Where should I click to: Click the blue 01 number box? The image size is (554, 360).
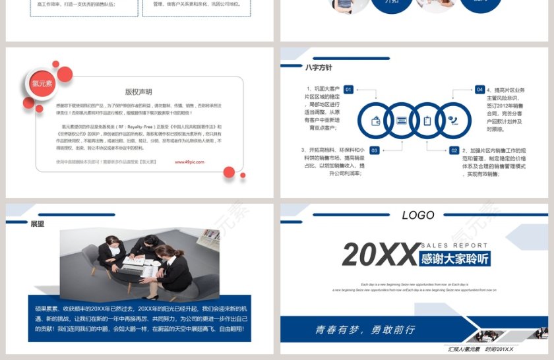tap(348, 89)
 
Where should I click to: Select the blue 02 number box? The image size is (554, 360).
tap(454, 150)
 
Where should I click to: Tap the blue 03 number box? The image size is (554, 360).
tap(374, 150)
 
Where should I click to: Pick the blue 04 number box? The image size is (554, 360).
tap(479, 89)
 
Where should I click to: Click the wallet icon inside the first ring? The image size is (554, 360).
tap(376, 121)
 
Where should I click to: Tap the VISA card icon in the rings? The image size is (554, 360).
tap(402, 121)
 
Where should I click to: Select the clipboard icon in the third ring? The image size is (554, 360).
tap(427, 121)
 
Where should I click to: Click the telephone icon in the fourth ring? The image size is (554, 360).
tap(453, 121)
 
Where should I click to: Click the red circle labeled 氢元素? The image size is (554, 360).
tap(42, 84)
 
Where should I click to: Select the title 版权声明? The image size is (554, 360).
tap(138, 92)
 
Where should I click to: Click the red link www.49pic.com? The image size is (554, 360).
tap(189, 161)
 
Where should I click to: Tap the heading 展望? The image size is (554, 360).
tap(38, 224)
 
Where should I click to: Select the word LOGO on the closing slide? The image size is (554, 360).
tap(418, 215)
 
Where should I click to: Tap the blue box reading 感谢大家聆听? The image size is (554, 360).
tap(456, 258)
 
